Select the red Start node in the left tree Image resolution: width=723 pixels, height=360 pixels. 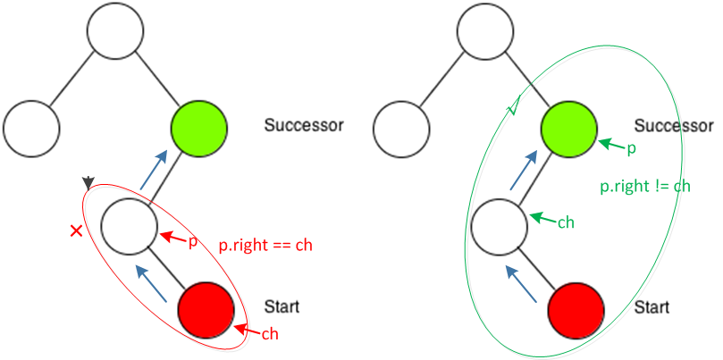(x=206, y=308)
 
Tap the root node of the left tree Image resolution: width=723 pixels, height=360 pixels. (x=115, y=29)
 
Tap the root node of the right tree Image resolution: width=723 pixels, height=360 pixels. (x=484, y=29)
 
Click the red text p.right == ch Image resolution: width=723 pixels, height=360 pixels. (x=265, y=243)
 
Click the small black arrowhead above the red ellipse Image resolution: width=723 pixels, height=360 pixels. (x=88, y=183)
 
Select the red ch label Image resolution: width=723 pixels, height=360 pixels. (x=272, y=334)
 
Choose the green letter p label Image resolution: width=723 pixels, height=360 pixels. (x=631, y=147)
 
